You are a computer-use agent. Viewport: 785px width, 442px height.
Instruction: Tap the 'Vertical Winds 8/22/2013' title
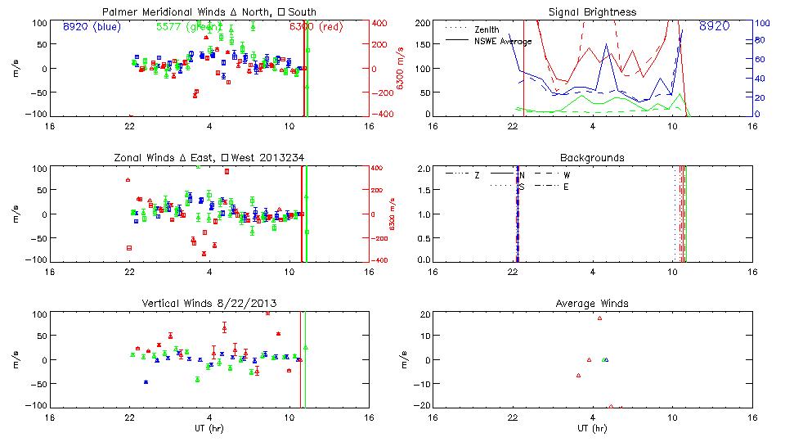tap(209, 304)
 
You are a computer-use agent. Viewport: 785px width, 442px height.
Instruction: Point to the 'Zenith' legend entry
tap(486, 29)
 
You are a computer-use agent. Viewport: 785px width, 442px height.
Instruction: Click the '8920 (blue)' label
tap(91, 26)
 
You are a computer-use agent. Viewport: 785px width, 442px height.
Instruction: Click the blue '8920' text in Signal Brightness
tap(715, 27)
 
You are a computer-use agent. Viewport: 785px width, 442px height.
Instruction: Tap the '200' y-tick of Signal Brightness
tap(422, 23)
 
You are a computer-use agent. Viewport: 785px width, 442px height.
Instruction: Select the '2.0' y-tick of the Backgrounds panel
tap(423, 169)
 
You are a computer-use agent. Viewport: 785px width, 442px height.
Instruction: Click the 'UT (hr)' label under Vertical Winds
tap(209, 429)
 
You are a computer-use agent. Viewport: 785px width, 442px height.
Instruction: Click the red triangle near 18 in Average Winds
tap(599, 318)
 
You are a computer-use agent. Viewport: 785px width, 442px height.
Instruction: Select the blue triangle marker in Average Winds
tap(606, 359)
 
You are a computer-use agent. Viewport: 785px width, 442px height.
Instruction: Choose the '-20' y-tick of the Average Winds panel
tap(423, 406)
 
